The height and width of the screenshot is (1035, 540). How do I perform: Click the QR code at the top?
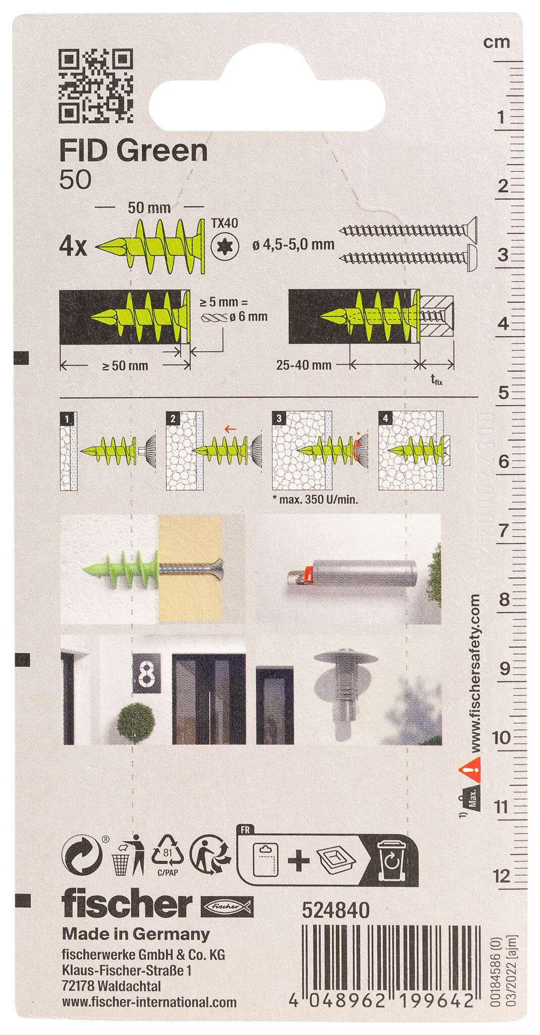coord(96,86)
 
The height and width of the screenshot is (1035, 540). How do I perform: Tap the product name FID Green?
coord(133,151)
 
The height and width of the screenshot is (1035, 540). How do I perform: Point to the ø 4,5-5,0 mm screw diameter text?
coord(293,244)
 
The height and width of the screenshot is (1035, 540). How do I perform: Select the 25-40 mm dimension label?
coord(304,364)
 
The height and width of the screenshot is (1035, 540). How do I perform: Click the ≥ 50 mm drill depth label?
coord(125,365)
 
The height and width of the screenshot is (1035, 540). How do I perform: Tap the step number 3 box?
coord(278,418)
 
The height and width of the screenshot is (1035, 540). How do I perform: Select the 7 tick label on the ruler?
coord(503,532)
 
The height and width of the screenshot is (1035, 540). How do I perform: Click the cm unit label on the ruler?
coord(497,42)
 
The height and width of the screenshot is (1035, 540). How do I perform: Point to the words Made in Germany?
coord(135,935)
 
